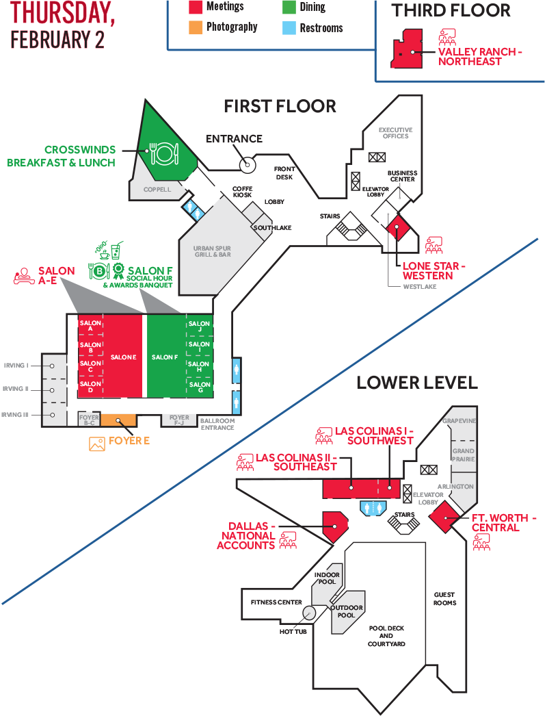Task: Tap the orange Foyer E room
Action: click(x=118, y=420)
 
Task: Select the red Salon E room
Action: click(x=123, y=357)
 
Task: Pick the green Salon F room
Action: click(x=165, y=357)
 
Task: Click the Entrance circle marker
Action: click(x=247, y=164)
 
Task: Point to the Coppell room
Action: click(x=157, y=190)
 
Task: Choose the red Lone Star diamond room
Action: click(x=395, y=229)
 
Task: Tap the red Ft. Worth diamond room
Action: click(x=446, y=517)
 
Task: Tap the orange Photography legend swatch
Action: click(x=195, y=27)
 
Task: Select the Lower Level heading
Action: click(x=416, y=382)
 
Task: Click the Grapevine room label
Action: click(x=459, y=421)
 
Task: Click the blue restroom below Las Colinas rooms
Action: click(x=373, y=509)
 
